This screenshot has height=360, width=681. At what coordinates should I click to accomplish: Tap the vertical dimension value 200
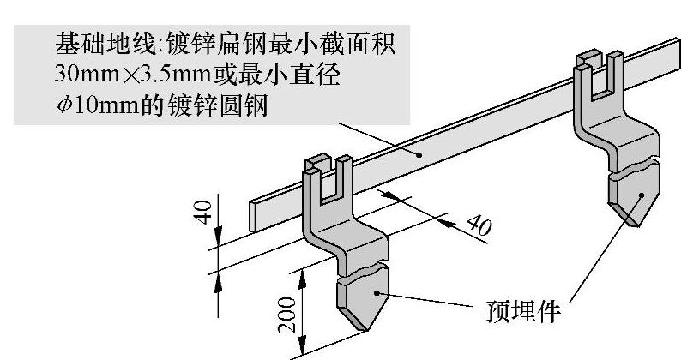pos(290,314)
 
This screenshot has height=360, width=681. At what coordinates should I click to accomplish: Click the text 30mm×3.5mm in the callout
pos(132,75)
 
